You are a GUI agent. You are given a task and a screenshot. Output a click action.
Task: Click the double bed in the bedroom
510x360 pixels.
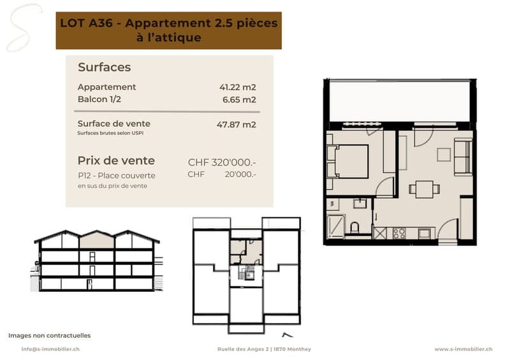coord(349,162)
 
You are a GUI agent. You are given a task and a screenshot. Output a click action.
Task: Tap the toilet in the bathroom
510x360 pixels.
coord(355,227)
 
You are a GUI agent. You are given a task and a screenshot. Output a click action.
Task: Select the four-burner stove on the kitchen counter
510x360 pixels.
coord(399,233)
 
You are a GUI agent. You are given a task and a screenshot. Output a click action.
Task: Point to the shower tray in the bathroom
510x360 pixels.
coord(336,226)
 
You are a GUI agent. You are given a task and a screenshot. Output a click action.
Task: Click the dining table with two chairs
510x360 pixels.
coord(425,189)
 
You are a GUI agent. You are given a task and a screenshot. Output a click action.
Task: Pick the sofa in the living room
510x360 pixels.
coord(463,157)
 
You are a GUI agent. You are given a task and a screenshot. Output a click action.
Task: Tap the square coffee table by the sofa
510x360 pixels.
coord(444,155)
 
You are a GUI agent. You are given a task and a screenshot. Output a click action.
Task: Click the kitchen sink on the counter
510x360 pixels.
coord(425,233)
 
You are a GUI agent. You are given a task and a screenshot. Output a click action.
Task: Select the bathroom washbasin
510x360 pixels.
coord(360,204)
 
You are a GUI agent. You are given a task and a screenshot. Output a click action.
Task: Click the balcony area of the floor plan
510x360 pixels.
coord(400,101)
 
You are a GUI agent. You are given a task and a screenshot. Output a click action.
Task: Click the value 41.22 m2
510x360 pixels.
coord(237,87)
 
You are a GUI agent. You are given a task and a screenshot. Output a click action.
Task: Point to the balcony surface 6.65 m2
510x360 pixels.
coord(239,99)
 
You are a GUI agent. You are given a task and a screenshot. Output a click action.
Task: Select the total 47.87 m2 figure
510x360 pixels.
coord(236,124)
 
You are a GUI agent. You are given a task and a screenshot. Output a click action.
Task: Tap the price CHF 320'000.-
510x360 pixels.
coord(222,162)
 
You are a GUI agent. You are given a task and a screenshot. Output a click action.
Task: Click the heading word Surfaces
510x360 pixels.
coord(105,67)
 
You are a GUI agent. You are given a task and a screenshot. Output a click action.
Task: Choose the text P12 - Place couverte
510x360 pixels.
coord(117,176)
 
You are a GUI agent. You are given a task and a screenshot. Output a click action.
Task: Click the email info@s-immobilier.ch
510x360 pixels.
coord(50,349)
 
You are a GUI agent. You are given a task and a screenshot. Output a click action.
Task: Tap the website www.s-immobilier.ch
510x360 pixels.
coord(463,349)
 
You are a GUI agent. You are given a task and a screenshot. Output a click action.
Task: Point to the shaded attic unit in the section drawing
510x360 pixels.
coord(97,241)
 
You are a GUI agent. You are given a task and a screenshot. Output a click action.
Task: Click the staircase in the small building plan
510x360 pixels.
coord(246,273)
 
